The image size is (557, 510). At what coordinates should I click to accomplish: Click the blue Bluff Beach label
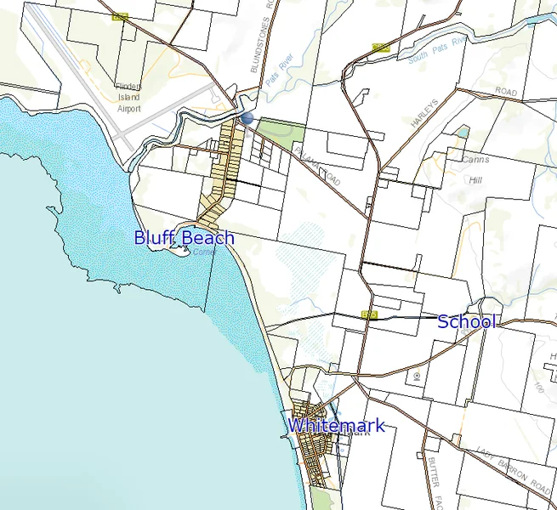tap(184, 238)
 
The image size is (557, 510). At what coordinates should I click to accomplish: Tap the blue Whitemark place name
tap(336, 426)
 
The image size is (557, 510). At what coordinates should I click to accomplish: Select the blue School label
tap(466, 321)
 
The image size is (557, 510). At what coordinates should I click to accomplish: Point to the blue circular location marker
tap(247, 119)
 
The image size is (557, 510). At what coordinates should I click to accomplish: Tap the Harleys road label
tap(423, 113)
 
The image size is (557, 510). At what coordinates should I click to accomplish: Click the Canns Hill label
tap(473, 169)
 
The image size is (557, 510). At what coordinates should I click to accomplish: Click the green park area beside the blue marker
tap(281, 132)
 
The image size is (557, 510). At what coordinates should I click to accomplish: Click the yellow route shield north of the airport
tap(119, 17)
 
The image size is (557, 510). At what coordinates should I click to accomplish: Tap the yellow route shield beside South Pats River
tap(380, 48)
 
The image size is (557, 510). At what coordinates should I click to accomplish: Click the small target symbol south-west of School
tap(418, 374)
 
